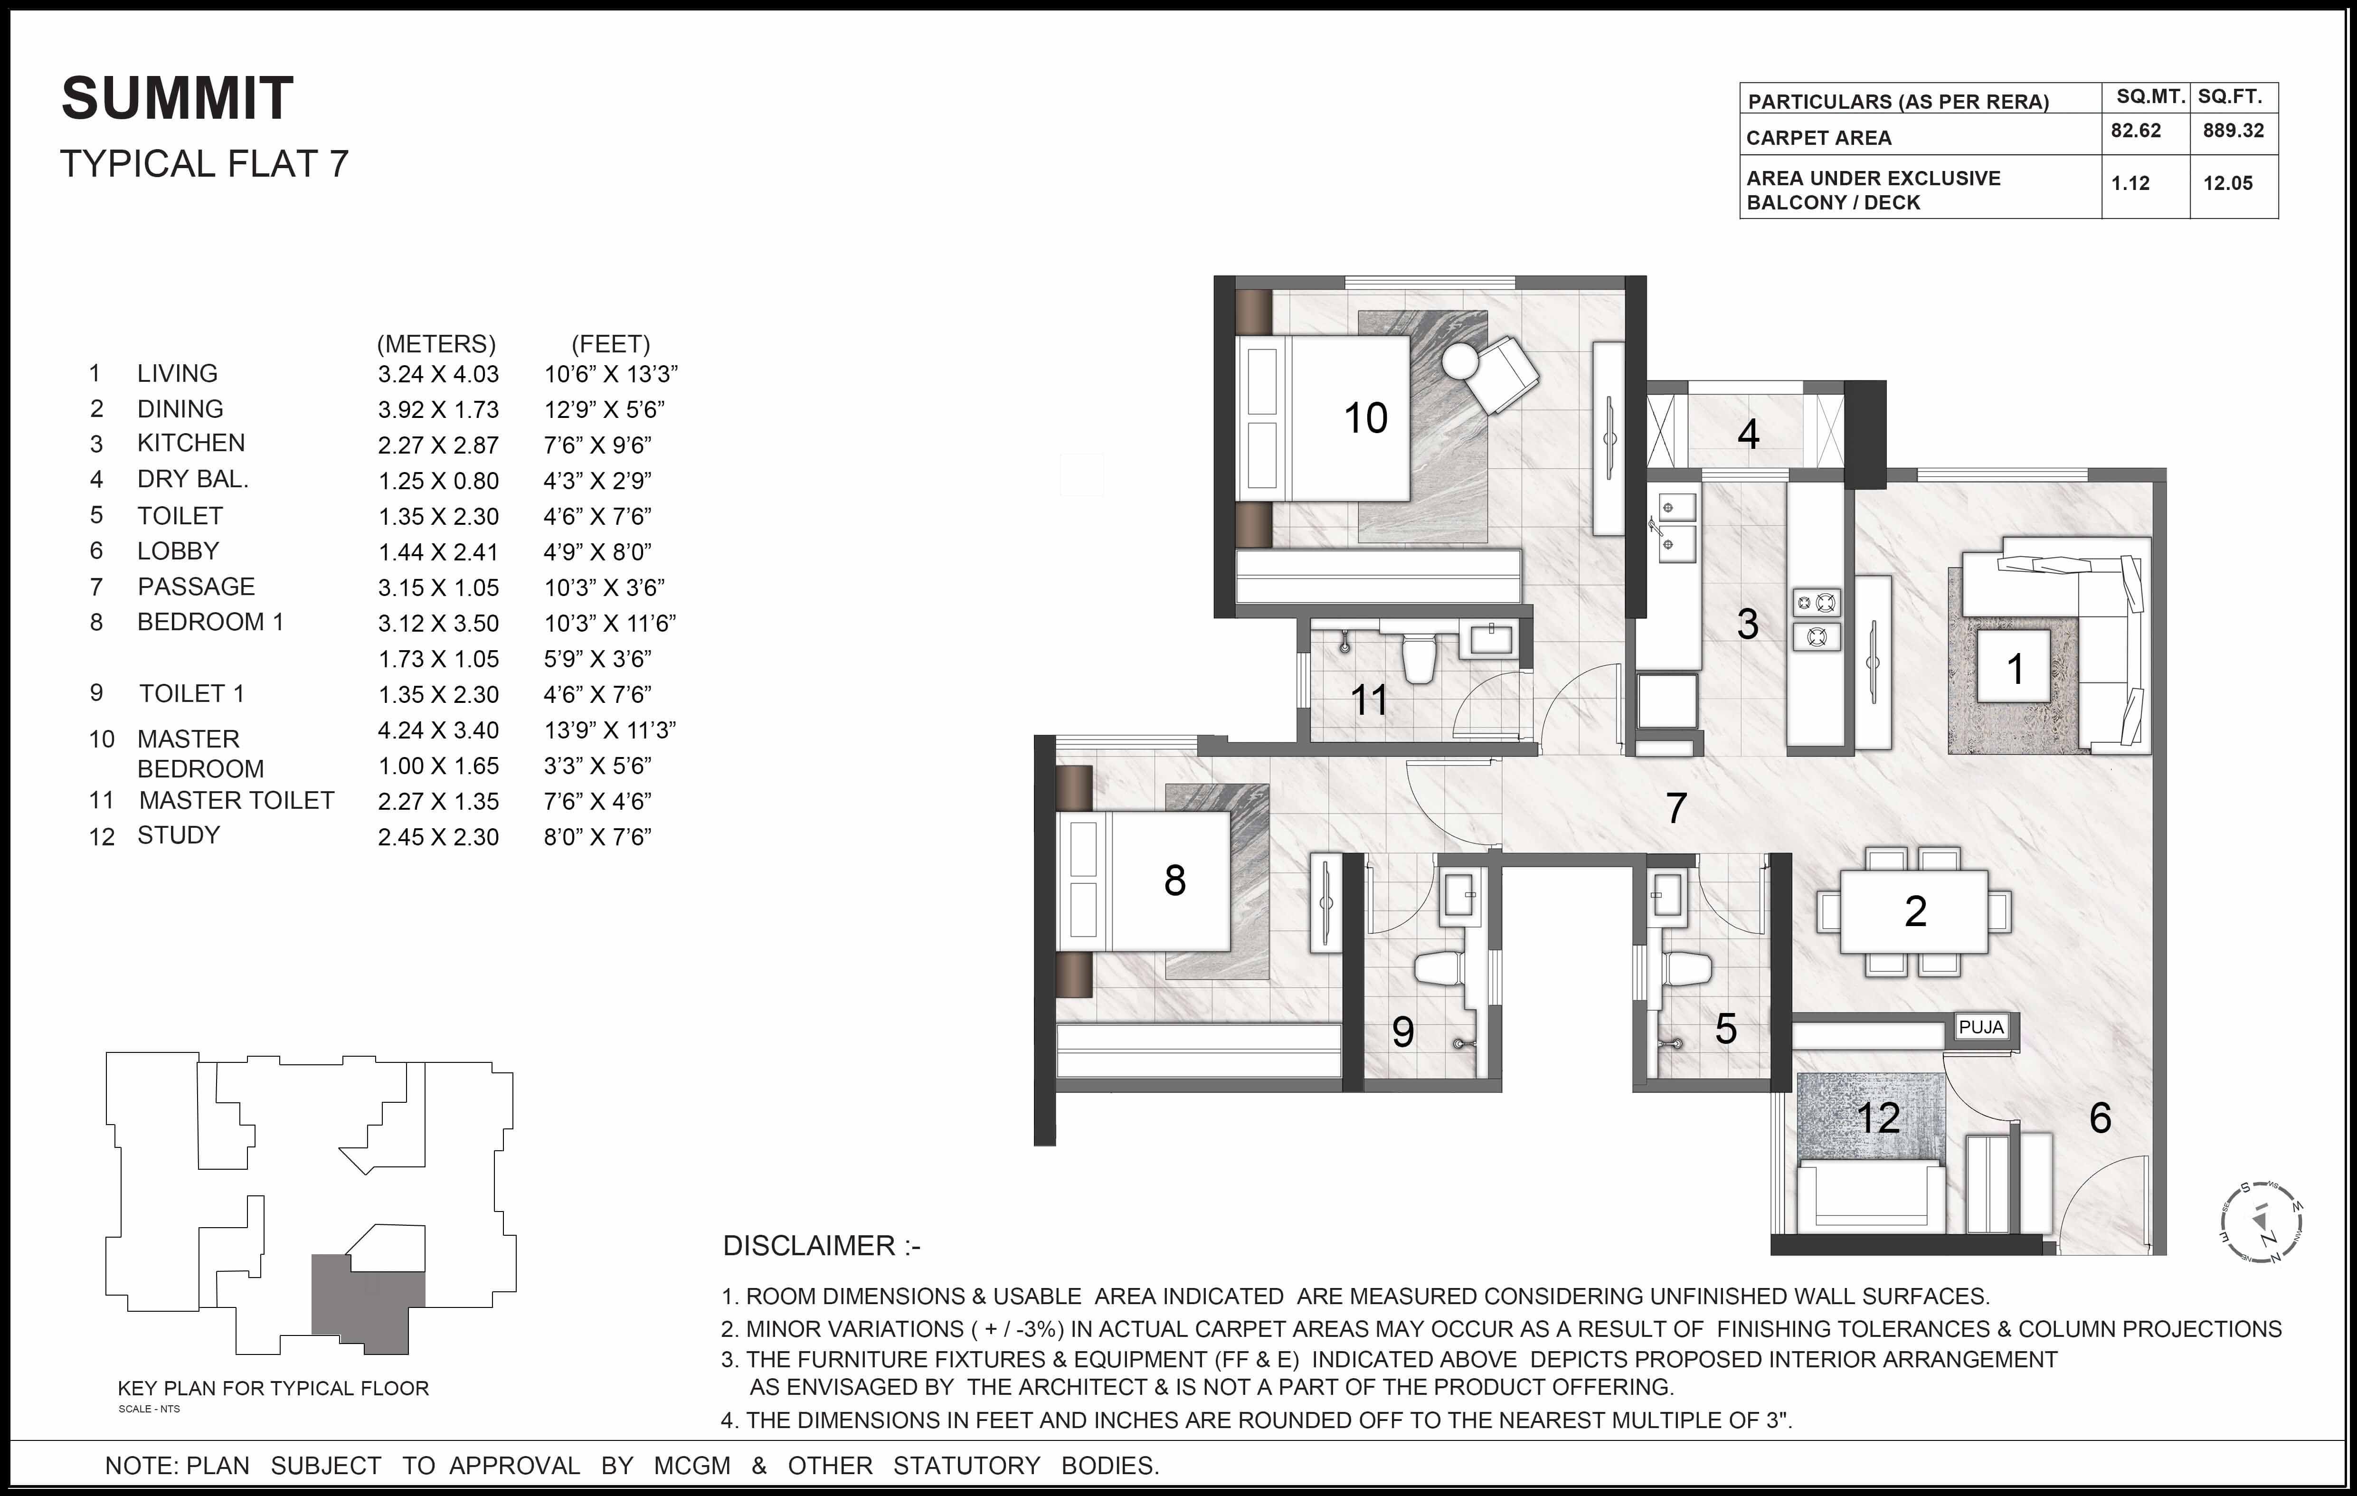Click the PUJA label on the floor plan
coord(1981,1027)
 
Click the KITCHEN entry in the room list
coord(191,444)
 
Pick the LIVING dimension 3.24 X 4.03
coord(438,374)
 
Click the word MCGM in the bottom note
coord(692,1466)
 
